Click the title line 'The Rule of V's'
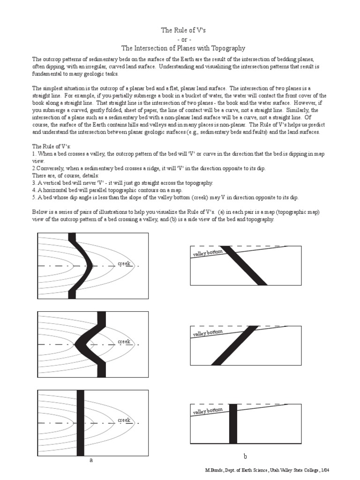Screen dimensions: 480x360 click(184, 30)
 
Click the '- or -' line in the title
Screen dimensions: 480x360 click(184, 39)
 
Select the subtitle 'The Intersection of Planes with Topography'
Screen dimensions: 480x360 click(183, 48)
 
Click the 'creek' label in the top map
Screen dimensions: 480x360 click(124, 264)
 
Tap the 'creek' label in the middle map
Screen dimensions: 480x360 click(124, 342)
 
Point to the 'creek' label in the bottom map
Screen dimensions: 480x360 click(124, 420)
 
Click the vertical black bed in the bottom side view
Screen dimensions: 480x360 click(233, 424)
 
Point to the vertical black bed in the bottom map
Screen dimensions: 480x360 click(80, 422)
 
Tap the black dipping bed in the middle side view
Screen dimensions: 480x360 click(234, 345)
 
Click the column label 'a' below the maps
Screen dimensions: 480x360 click(91, 460)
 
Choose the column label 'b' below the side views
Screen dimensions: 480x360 click(245, 456)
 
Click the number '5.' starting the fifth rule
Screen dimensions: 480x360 click(34, 197)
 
